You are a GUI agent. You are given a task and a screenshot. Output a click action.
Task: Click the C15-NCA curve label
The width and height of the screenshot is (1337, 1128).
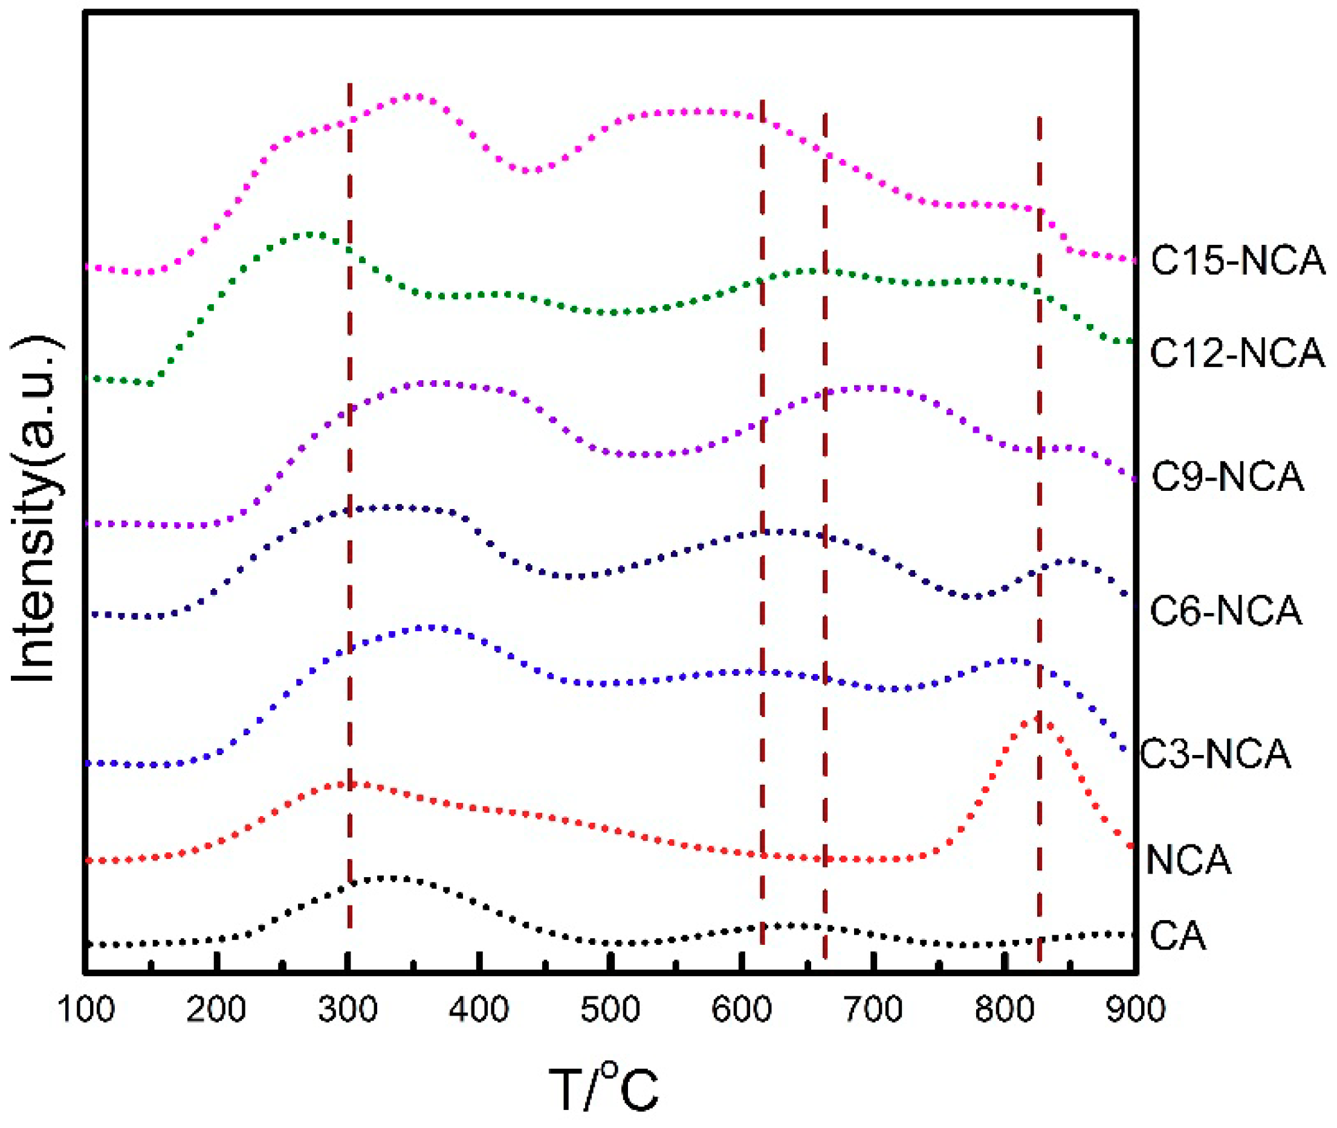tap(1237, 261)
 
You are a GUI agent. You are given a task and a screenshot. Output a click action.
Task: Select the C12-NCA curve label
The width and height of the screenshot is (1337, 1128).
tap(1237, 353)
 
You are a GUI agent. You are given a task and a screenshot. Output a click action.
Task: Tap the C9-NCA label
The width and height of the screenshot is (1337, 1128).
tap(1227, 477)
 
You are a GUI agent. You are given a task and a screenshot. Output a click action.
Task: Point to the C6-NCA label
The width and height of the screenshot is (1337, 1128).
tap(1226, 611)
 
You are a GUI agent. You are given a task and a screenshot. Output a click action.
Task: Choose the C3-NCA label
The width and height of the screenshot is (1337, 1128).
tap(1216, 754)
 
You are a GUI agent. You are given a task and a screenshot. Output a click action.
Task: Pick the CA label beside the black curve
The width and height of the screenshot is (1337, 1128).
tap(1178, 936)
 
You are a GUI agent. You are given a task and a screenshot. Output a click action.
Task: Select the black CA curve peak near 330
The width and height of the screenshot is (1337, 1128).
tap(387, 878)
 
